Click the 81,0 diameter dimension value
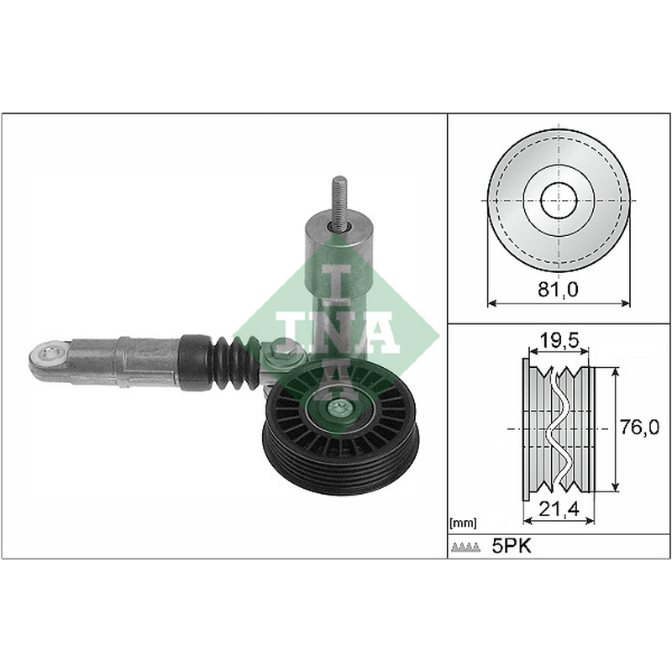pyautogui.click(x=558, y=290)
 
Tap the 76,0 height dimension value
pyautogui.click(x=639, y=428)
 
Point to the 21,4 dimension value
pyautogui.click(x=559, y=509)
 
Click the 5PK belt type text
pyautogui.click(x=512, y=546)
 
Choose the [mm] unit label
pyautogui.click(x=463, y=522)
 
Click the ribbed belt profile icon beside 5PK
pyautogui.click(x=465, y=547)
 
